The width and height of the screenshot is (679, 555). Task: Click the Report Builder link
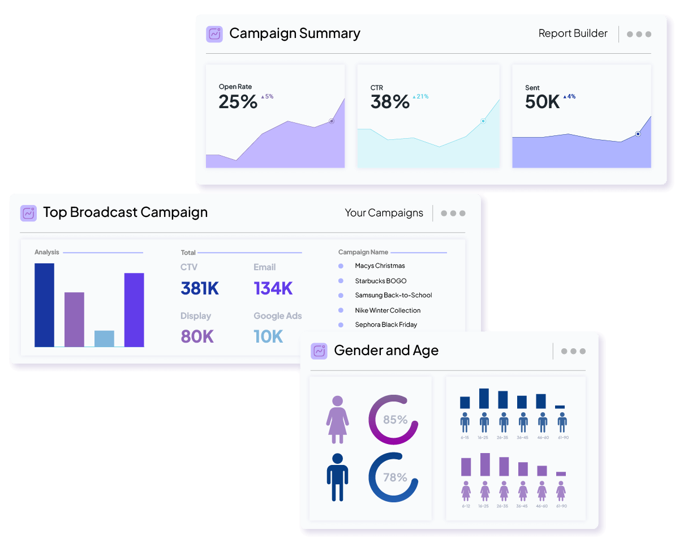pos(573,33)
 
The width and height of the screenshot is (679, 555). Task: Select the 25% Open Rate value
pos(238,102)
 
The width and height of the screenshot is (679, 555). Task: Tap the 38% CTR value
pos(390,102)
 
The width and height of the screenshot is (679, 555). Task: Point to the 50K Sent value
pos(542,102)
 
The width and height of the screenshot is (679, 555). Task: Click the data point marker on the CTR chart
pos(483,121)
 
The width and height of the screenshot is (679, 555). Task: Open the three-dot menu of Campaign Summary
pos(639,34)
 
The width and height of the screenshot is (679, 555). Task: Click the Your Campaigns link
pos(384,213)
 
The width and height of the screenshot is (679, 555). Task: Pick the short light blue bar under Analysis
pos(104,338)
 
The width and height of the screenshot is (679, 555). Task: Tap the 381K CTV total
pos(200,288)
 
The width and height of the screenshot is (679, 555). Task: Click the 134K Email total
pos(273,288)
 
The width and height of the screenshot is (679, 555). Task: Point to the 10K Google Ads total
pos(268,336)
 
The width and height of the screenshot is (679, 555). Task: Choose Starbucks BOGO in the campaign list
pos(380,281)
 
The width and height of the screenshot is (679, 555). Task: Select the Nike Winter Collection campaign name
pos(388,310)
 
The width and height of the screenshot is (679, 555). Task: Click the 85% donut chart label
pos(395,420)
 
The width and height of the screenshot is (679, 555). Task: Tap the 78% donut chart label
pos(395,477)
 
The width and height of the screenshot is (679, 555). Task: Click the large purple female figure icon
pos(337,419)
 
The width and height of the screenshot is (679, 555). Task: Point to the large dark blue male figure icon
pos(337,477)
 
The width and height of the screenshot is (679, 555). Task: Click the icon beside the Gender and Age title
pos(319,351)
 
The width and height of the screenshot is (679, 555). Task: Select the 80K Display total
pos(197,336)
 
